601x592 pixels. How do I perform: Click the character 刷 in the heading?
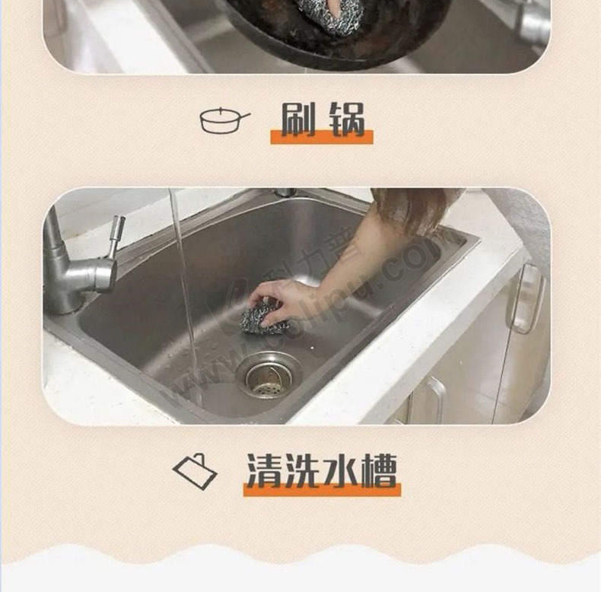pos(298,119)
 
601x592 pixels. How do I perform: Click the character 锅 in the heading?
pos(348,119)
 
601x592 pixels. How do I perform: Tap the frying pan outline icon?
pos(225,120)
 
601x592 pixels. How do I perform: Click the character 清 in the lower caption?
pos(264,470)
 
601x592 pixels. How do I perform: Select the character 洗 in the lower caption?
pos(303,470)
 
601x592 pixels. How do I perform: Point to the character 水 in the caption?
pos(341,471)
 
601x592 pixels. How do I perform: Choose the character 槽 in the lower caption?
pos(379,471)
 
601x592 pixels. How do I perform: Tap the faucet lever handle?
pos(116,237)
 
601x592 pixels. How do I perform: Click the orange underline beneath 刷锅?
pos(322,137)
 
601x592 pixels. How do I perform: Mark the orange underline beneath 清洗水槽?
pos(322,489)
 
